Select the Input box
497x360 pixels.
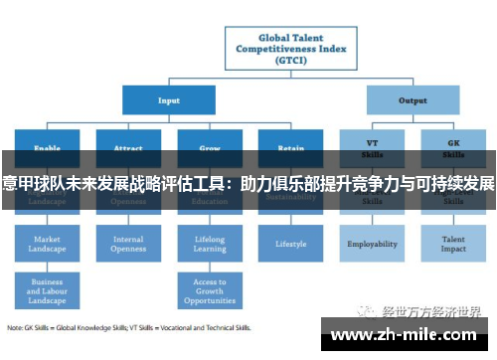[x=169, y=99]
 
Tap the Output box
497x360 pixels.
[x=413, y=99]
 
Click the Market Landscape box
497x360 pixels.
[x=47, y=244]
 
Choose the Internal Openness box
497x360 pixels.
[x=128, y=244]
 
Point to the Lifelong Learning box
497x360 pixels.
[x=210, y=244]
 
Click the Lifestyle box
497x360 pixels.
[x=291, y=244]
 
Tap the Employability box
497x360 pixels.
[x=372, y=244]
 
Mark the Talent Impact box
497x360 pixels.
[x=454, y=244]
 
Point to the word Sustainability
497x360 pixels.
[x=291, y=198]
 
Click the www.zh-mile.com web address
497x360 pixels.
[x=407, y=335]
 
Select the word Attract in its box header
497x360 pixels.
[x=128, y=147]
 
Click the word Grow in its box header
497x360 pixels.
[x=210, y=147]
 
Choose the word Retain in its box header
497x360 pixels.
[x=291, y=147]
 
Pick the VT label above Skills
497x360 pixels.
[x=372, y=143]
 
